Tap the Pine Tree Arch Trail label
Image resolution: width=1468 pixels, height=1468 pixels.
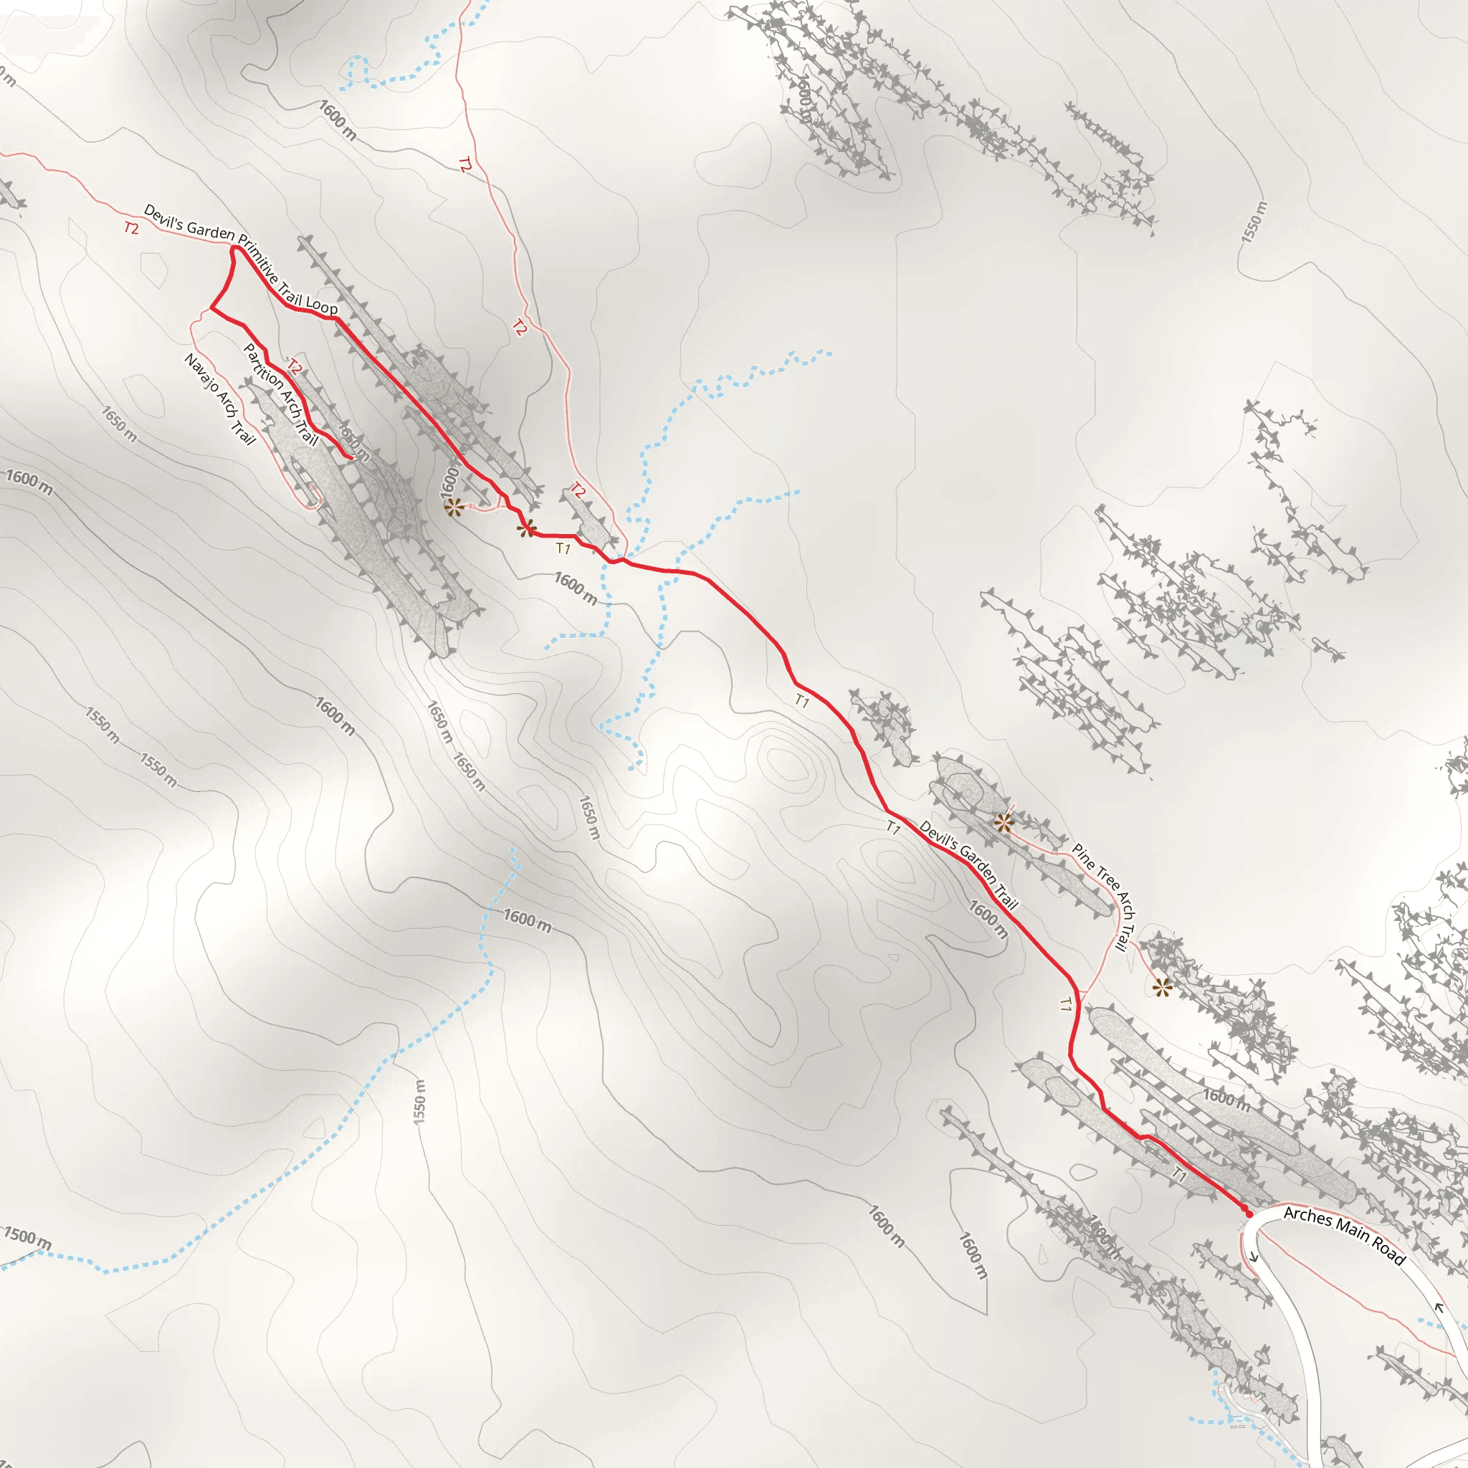[1104, 897]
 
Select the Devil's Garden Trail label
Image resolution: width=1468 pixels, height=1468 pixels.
[968, 864]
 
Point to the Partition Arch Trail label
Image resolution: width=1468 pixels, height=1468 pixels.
[280, 394]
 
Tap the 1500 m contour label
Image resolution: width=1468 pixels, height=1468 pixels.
[27, 1238]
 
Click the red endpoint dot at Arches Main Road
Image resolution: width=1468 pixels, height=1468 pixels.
[1248, 1214]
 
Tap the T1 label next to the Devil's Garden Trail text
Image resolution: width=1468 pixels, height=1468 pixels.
[893, 828]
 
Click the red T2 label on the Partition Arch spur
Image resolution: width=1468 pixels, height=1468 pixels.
[295, 368]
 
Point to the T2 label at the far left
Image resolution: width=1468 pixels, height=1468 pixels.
[131, 227]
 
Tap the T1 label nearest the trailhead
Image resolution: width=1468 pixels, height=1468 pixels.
[1178, 1174]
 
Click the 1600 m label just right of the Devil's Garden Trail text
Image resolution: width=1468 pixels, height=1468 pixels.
[988, 920]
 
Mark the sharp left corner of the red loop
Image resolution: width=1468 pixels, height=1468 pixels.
[211, 309]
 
